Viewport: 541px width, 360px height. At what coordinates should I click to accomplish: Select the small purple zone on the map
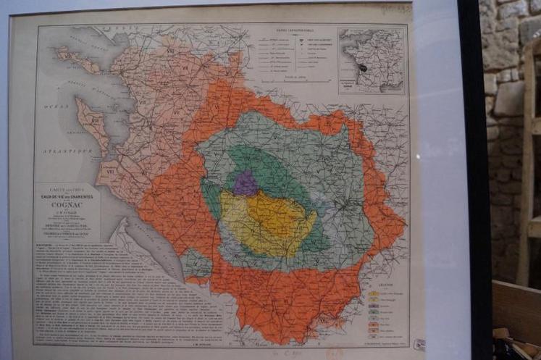(246, 184)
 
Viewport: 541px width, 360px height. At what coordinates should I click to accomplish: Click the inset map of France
(372, 60)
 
